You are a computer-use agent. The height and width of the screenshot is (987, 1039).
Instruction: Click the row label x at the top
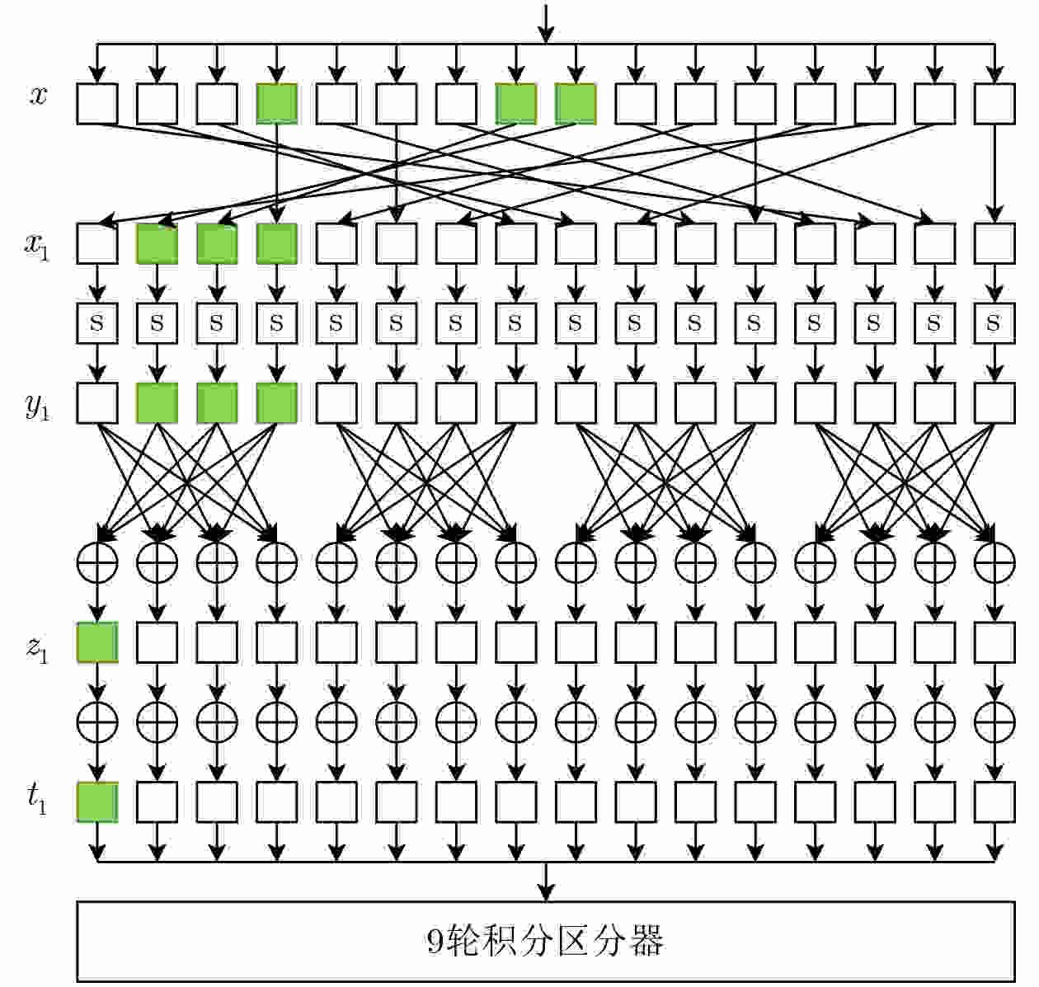tap(38, 96)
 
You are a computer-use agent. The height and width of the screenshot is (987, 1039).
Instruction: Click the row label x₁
tap(37, 246)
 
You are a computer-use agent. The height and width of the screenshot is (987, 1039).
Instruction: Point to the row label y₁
tap(37, 406)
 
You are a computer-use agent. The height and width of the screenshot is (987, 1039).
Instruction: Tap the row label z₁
tap(37, 648)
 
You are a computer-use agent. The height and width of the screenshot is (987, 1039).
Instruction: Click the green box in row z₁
tap(97, 642)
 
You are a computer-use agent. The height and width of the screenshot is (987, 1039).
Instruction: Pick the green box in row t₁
tap(97, 802)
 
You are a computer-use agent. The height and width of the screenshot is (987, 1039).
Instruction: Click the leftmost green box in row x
tap(276, 104)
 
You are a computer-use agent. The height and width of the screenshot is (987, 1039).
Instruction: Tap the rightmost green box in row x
tap(576, 104)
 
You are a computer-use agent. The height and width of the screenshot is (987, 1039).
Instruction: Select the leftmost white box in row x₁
tap(97, 243)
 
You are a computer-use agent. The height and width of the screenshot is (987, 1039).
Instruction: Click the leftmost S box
tap(97, 322)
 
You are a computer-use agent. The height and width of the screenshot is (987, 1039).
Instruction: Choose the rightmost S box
tap(994, 322)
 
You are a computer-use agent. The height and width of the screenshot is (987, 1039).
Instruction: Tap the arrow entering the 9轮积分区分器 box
tap(546, 881)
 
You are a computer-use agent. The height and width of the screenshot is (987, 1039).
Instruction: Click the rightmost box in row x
tap(994, 104)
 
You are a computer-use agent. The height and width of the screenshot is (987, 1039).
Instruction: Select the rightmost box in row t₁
tap(994, 802)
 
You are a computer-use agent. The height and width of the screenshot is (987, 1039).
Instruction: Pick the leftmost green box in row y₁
tap(157, 403)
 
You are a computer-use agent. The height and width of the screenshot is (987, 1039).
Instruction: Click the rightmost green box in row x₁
tap(276, 243)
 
